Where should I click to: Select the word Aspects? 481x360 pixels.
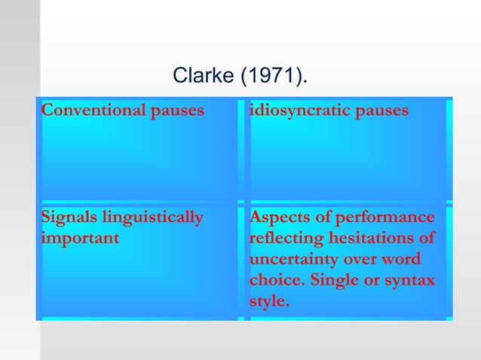[279, 218]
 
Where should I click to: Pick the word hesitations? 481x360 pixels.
[371, 239]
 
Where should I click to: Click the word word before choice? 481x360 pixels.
[401, 261]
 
